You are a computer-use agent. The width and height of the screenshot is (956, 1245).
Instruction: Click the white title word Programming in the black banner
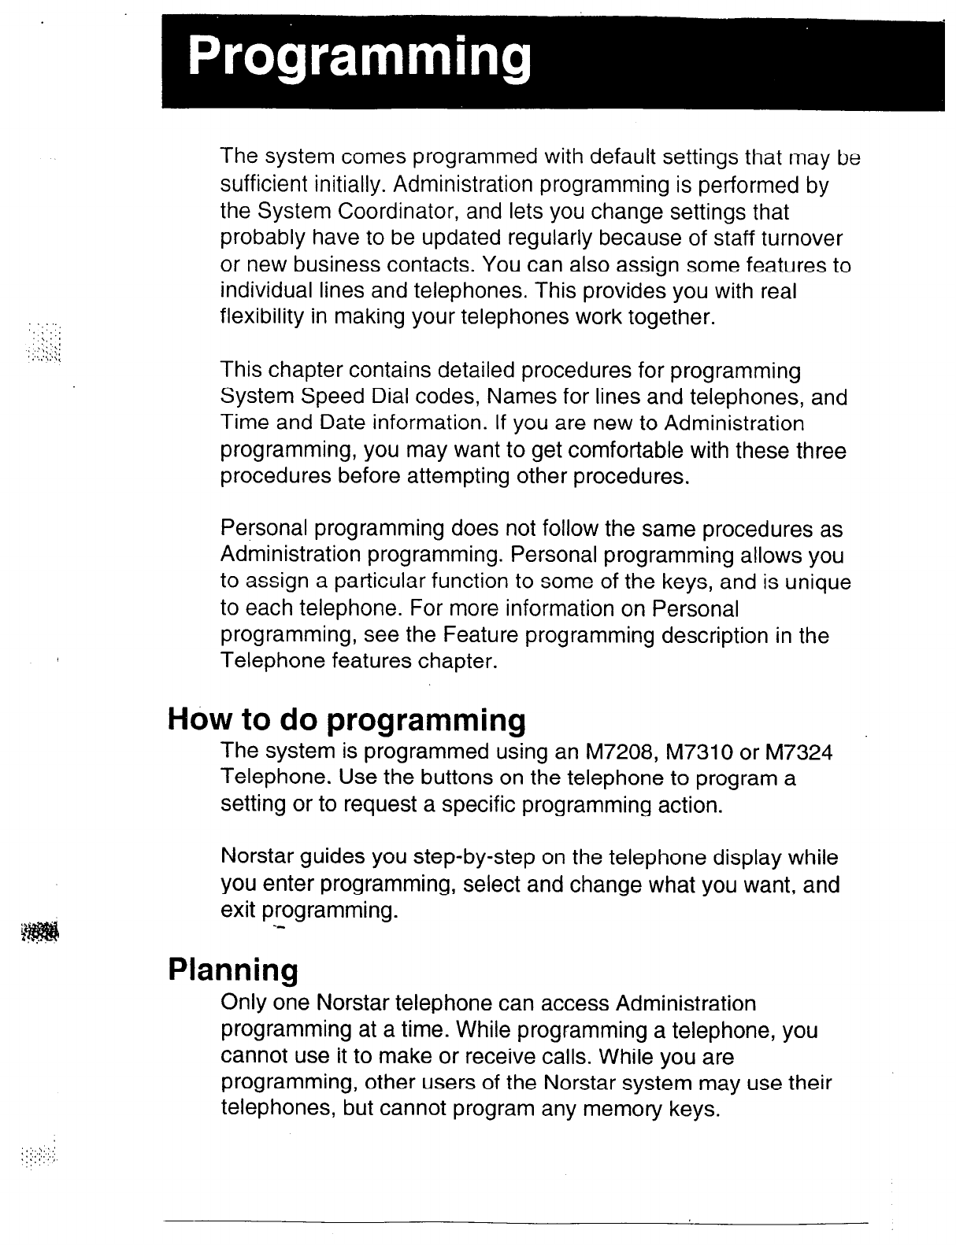[x=358, y=57]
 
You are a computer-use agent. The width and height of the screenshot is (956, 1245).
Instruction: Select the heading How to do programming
[x=346, y=719]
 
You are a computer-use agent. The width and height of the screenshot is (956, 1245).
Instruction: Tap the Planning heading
[x=234, y=970]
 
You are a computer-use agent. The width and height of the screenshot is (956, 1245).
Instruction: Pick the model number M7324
[x=799, y=752]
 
